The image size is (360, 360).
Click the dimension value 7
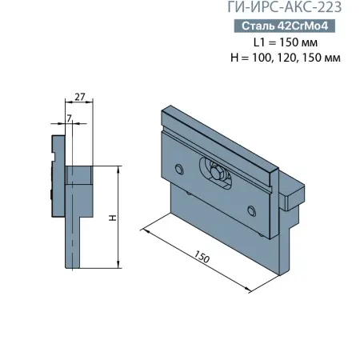point(70,118)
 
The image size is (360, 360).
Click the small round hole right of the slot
point(252,210)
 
